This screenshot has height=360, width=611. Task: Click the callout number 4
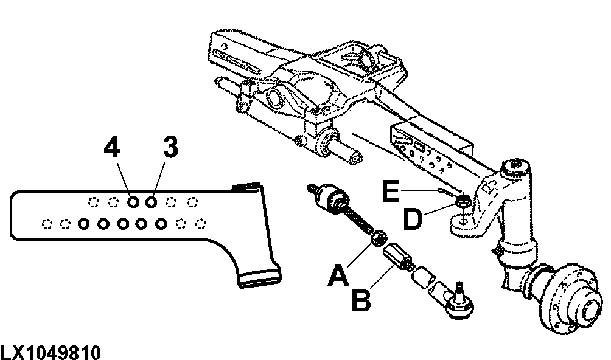112,148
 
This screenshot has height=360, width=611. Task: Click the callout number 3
170,148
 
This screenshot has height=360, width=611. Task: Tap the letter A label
338,275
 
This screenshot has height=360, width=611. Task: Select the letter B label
361,299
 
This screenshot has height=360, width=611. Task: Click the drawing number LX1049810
51,353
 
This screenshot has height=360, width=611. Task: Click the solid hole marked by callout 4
133,202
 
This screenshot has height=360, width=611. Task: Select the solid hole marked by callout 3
151,202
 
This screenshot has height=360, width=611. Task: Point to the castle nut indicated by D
463,202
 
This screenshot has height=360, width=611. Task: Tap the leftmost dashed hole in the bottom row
47,224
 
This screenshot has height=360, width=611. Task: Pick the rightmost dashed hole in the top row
192,202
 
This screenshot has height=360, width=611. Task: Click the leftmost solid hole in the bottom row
83,224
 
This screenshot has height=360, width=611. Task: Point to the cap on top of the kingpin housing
515,165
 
